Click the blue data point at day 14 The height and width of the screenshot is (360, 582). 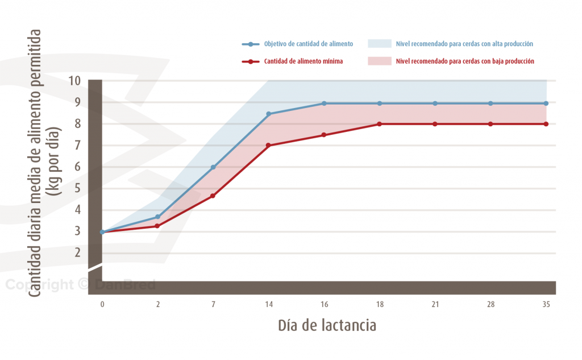coord(269,114)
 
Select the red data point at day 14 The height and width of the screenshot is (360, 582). coord(269,146)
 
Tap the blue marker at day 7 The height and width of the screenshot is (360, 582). coord(213,167)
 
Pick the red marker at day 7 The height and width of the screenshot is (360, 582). coord(213,196)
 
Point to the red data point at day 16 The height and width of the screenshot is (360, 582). coord(324,135)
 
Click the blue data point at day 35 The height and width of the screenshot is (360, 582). coord(546,104)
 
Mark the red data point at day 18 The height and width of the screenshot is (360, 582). coord(380,124)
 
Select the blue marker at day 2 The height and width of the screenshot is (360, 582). coord(158,217)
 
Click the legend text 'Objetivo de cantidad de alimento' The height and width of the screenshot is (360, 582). coord(309,44)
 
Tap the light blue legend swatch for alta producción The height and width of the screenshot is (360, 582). coord(380,44)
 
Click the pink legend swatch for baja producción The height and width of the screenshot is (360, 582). coord(380,61)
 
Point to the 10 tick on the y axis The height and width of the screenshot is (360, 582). coord(74,81)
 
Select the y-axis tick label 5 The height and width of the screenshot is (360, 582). coord(77,188)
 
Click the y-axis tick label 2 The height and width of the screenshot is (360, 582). coord(77,253)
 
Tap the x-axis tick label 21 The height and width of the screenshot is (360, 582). coord(435,305)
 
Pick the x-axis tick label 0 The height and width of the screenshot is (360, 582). coord(102,305)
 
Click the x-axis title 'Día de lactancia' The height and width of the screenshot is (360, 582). coord(327,325)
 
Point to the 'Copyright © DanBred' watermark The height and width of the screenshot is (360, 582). coord(80,285)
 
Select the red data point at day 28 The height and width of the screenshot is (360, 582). coord(490,124)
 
